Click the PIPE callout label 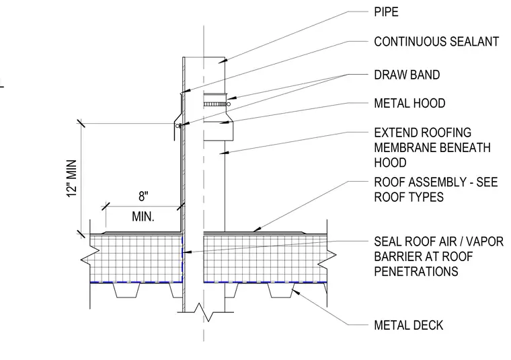point(386,12)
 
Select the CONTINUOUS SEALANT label point(436,42)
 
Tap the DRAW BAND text point(407,75)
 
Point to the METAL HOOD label point(409,104)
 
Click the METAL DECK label point(409,325)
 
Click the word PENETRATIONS point(416,271)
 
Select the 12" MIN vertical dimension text point(72,178)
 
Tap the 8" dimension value point(143,196)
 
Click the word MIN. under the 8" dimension point(143,217)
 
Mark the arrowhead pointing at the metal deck point(295,292)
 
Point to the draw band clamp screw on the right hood point(229,104)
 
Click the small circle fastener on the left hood point(178,126)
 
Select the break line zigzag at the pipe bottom point(204,312)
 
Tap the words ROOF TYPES point(409,197)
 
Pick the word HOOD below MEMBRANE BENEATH point(390,162)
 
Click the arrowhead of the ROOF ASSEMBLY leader point(256,229)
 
